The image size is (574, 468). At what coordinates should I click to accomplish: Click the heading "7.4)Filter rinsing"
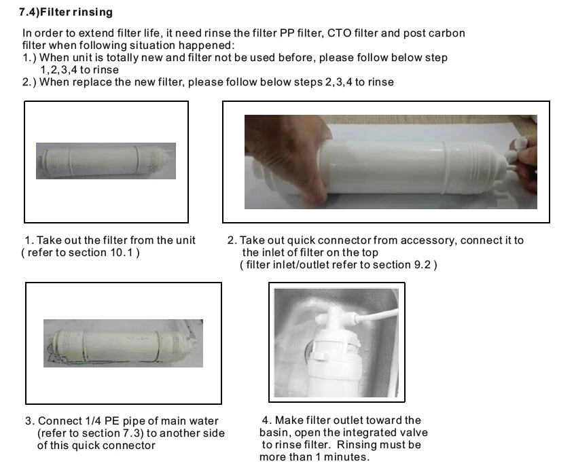tap(66, 12)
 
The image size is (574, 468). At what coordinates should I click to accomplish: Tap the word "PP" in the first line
tap(287, 33)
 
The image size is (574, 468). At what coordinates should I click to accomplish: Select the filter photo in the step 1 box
tap(106, 161)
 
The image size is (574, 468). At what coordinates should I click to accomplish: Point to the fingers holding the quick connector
tap(524, 161)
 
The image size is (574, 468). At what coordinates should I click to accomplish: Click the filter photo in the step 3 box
tap(123, 343)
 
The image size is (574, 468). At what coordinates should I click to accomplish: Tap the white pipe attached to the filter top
tap(377, 315)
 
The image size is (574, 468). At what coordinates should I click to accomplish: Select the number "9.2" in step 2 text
tap(422, 264)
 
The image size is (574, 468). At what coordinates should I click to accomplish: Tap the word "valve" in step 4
tap(414, 433)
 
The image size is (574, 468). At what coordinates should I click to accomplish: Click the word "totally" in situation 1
tap(122, 58)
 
